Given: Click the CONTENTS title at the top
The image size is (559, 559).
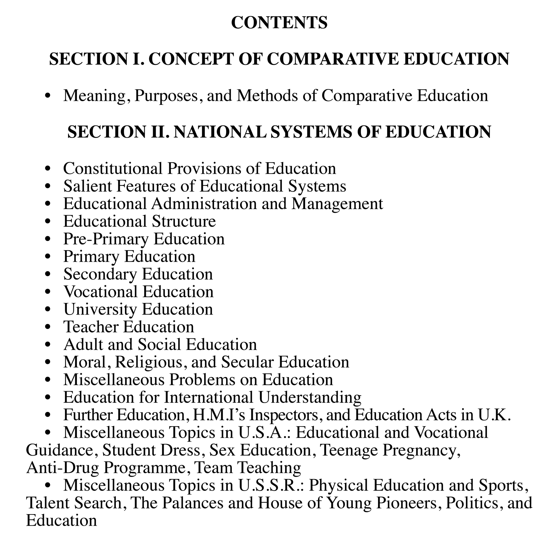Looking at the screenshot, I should [x=279, y=23].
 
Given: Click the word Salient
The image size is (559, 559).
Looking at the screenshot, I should [x=88, y=186].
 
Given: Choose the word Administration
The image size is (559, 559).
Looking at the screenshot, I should [x=204, y=204].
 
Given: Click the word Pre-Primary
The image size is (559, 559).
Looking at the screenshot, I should [x=106, y=239].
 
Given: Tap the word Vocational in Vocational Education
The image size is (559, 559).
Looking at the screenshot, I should [x=101, y=292].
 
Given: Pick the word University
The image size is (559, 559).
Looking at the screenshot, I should [x=100, y=309].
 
